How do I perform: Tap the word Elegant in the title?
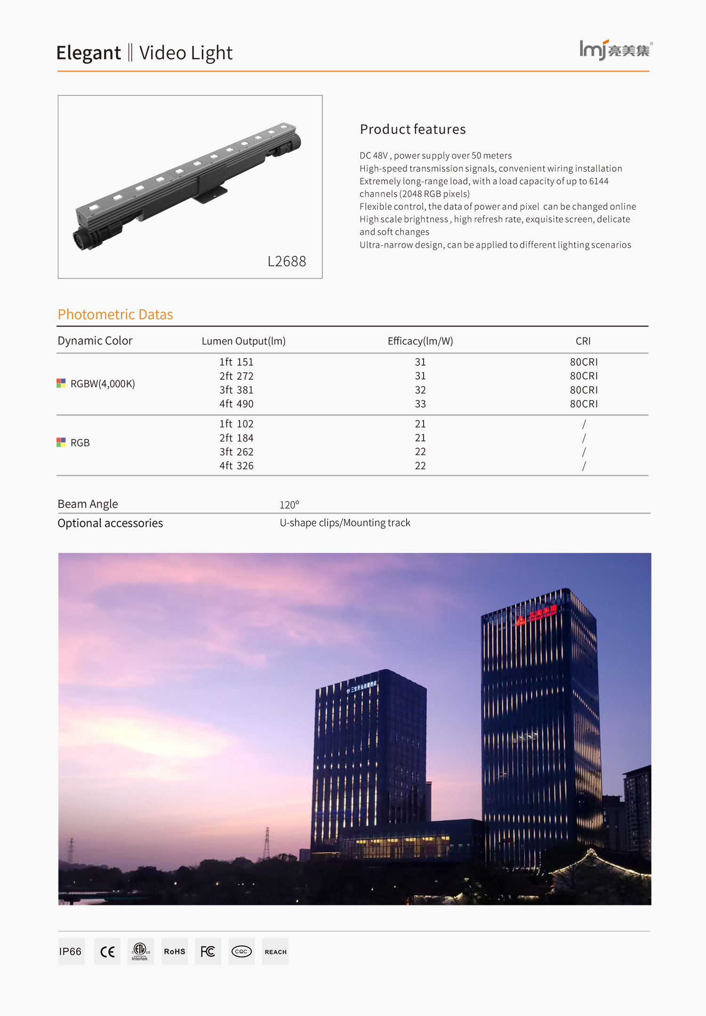coord(88,53)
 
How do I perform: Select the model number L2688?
coord(287,261)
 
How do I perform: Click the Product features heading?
coord(413,129)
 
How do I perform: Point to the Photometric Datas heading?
coord(115,314)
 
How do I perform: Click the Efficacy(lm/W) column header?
coord(420,341)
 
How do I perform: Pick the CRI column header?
coord(583,341)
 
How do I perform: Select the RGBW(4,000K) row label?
coord(102,384)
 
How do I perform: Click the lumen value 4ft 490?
coord(236,404)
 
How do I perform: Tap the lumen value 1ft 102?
coord(236,424)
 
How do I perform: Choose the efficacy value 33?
coord(420,404)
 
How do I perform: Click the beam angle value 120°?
coord(289,505)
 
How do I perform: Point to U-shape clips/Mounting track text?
coord(345,523)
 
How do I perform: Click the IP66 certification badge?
coord(71,952)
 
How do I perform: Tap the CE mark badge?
coord(107,952)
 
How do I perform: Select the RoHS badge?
coord(175,952)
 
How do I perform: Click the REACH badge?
coord(275,952)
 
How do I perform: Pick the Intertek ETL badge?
coord(140,952)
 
